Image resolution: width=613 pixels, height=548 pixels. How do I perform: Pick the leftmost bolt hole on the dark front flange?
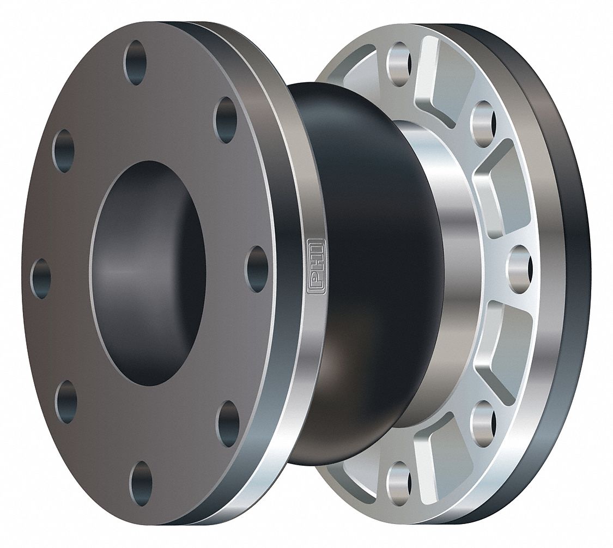pos(41,278)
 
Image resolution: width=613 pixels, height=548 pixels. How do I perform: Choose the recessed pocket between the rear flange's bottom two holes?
pos(436,441)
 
